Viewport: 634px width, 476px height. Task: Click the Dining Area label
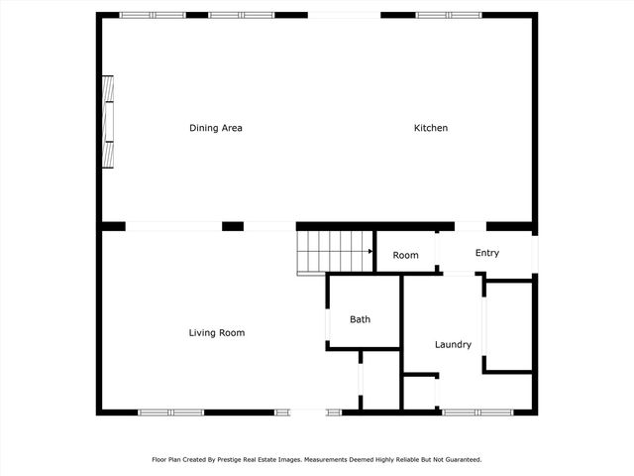[216, 128]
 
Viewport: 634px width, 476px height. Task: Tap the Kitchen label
[431, 128]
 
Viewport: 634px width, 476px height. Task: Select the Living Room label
[216, 333]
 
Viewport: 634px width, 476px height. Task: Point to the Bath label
[360, 319]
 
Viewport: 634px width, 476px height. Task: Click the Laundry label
[453, 345]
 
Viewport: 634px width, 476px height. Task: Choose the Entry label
[486, 253]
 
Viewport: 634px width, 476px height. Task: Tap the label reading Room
[405, 256]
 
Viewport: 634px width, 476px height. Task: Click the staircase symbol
[334, 251]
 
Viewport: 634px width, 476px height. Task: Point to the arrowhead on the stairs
[370, 251]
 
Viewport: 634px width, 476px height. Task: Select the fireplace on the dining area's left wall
[108, 122]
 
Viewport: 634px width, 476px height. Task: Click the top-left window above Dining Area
[152, 15]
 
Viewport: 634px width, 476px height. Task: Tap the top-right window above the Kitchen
[448, 15]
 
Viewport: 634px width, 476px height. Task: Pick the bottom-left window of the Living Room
[170, 412]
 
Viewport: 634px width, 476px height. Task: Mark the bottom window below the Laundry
[475, 412]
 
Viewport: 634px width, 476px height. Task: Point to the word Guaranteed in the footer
[463, 460]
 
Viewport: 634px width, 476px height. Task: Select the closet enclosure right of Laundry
[509, 326]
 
